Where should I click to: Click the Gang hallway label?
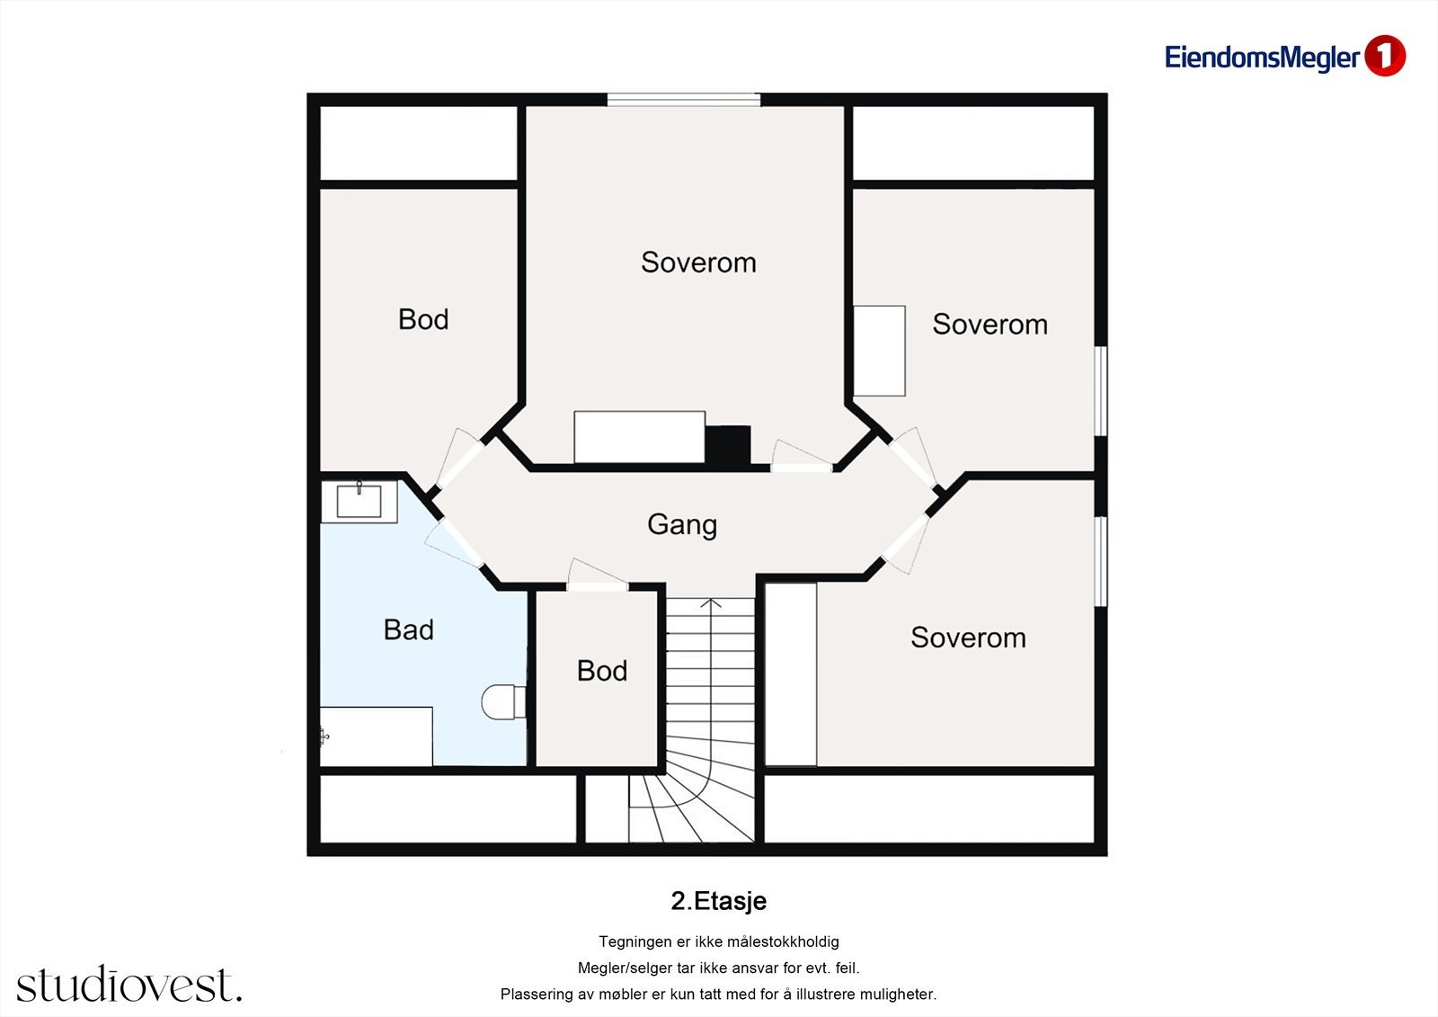(x=682, y=525)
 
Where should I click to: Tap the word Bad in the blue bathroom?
(x=408, y=629)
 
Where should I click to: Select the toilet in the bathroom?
(x=504, y=702)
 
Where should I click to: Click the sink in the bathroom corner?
(x=359, y=501)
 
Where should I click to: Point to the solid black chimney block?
(x=728, y=444)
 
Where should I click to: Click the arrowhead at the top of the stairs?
(x=711, y=603)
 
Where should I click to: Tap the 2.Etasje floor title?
(x=718, y=901)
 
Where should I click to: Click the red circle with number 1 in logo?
(x=1385, y=57)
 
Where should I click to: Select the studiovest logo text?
(x=129, y=984)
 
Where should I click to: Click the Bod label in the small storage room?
(x=601, y=671)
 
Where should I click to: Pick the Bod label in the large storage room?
(x=423, y=319)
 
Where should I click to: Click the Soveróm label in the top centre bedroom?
(x=698, y=263)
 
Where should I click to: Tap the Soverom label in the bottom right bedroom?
(x=968, y=638)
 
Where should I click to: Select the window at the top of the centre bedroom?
(x=684, y=100)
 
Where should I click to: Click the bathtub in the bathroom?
(x=377, y=736)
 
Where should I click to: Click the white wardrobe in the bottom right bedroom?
(x=791, y=674)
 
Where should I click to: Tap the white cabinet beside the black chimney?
(x=639, y=437)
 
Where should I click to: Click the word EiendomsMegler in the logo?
(x=1262, y=58)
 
